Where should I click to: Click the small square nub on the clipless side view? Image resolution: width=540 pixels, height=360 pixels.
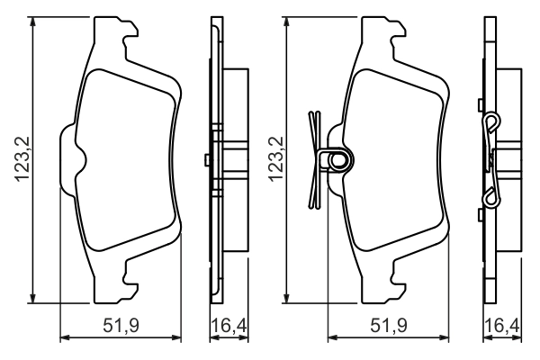tap(208, 160)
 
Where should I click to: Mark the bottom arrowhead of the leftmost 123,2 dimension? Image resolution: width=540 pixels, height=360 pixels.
tap(34, 299)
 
